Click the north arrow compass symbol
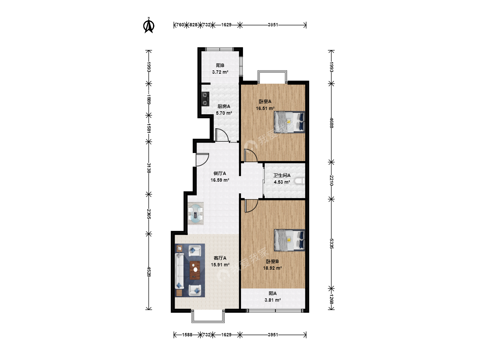[x=149, y=25]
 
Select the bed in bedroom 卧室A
[x=289, y=122]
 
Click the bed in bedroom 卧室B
[x=289, y=240]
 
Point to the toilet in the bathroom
[x=300, y=181]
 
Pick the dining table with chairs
[x=195, y=213]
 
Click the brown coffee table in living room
[x=195, y=270]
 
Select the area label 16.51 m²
[x=265, y=108]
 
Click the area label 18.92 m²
[x=272, y=268]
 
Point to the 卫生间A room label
[x=282, y=175]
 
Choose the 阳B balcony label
[x=220, y=65]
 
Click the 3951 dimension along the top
[x=273, y=25]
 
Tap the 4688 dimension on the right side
[x=332, y=123]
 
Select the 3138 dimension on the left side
[x=149, y=168]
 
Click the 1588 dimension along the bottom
[x=187, y=335]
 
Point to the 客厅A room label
[x=220, y=258]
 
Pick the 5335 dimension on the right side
[x=332, y=243]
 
